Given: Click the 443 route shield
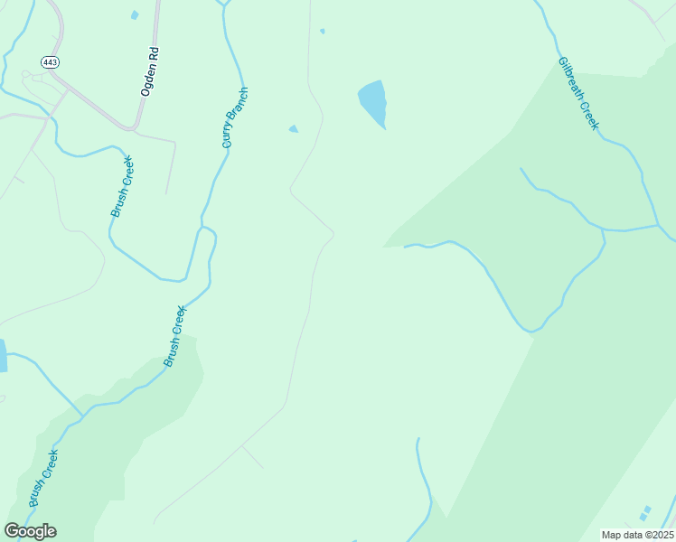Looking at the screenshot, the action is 49,61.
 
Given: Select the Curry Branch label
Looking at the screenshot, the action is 235,118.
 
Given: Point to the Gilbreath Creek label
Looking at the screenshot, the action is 578,94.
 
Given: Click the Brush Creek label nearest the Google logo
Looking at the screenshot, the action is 42,479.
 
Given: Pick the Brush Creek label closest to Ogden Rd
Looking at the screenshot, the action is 122,186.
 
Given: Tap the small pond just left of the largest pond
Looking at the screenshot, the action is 293,129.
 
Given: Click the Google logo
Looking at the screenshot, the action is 31,531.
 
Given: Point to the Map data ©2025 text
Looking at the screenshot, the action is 637,535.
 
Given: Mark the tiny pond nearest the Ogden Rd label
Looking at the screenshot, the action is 135,15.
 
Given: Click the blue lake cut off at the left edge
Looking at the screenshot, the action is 3,356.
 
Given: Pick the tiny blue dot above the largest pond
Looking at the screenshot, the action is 322,31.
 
